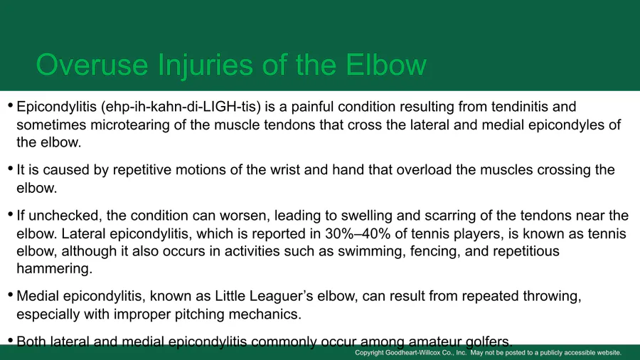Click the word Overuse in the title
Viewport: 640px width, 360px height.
[x=92, y=65]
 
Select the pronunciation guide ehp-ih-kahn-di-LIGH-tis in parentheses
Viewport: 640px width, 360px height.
[x=181, y=107]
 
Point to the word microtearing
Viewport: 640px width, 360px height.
[x=130, y=125]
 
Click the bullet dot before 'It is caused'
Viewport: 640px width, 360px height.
[x=10, y=169]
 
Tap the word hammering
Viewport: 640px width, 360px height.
[x=54, y=268]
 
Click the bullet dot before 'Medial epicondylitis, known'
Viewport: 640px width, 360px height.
[x=10, y=295]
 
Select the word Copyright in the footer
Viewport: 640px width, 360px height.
[x=369, y=353]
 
